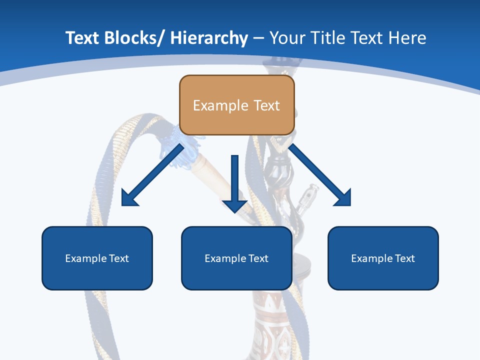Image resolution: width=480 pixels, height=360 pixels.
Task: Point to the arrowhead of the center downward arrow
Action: [x=234, y=205]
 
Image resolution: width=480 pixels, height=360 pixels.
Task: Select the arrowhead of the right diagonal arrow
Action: [x=343, y=198]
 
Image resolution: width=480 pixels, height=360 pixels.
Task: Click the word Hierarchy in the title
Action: [x=209, y=38]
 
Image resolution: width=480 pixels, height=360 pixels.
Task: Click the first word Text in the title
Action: [x=82, y=38]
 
